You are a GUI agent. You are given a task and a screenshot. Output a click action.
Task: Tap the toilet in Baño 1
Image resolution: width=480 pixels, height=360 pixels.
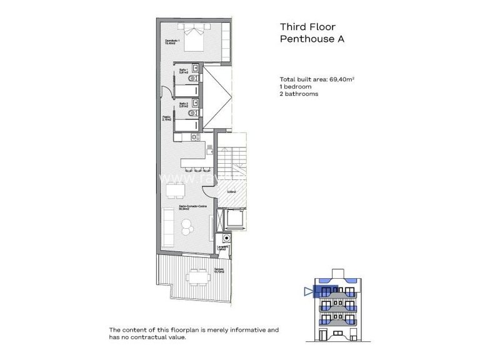[x=197, y=77]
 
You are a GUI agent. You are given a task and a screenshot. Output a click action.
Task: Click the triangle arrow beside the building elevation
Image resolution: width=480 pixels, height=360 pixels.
[x=306, y=290]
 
